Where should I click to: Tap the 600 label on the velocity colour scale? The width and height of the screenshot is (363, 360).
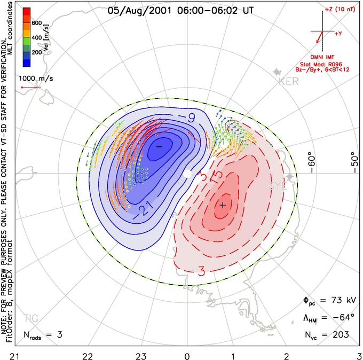pyautogui.click(x=37, y=23)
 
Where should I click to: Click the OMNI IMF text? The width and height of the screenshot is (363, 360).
pyautogui.click(x=325, y=57)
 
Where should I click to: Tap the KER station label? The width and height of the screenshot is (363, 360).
pyautogui.click(x=286, y=81)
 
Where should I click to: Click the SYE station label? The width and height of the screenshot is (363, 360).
pyautogui.click(x=278, y=186)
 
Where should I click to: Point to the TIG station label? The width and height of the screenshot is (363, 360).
pyautogui.click(x=31, y=319)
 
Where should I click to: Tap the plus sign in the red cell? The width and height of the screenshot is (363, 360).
pyautogui.click(x=223, y=205)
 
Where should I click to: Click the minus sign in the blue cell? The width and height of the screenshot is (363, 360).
pyautogui.click(x=159, y=145)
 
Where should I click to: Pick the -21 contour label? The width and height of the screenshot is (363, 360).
pyautogui.click(x=145, y=209)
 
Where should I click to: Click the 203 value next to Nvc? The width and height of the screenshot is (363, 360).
pyautogui.click(x=340, y=335)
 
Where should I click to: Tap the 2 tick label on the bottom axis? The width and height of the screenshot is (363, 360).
pyautogui.click(x=286, y=354)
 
